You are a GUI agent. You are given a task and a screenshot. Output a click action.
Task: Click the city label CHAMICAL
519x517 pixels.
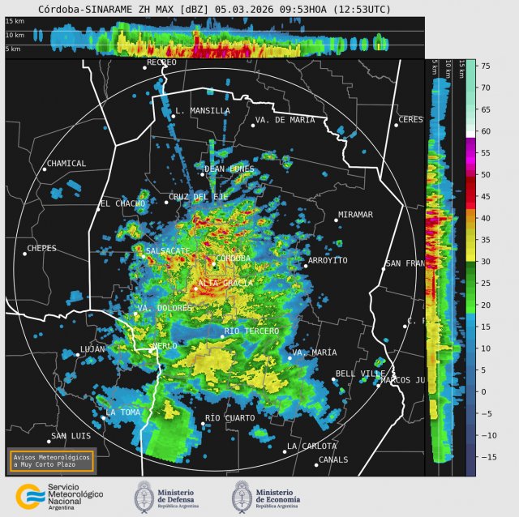(66, 164)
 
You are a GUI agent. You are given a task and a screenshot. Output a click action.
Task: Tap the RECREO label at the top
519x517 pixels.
(161, 62)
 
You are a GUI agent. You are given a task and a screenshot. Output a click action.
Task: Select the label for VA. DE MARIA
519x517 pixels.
(285, 120)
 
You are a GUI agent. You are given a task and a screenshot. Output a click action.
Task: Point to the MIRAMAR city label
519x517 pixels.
(354, 215)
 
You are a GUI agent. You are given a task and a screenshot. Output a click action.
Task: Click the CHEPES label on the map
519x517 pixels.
(41, 249)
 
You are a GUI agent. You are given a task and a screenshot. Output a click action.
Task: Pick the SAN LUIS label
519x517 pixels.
(70, 437)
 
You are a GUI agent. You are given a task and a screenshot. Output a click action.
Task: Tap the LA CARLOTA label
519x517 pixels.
(312, 446)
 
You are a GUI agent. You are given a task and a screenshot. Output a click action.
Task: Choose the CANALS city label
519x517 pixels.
(333, 459)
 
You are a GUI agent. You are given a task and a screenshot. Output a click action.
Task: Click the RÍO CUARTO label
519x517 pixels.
(229, 418)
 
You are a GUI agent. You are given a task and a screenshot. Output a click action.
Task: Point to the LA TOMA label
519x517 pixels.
(122, 412)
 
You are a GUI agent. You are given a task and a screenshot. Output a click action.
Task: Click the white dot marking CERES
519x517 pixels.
(397, 125)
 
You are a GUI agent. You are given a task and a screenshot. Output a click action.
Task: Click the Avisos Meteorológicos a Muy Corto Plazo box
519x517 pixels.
(51, 460)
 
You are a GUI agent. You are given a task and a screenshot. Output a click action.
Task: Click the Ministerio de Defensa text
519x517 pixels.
(191, 495)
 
